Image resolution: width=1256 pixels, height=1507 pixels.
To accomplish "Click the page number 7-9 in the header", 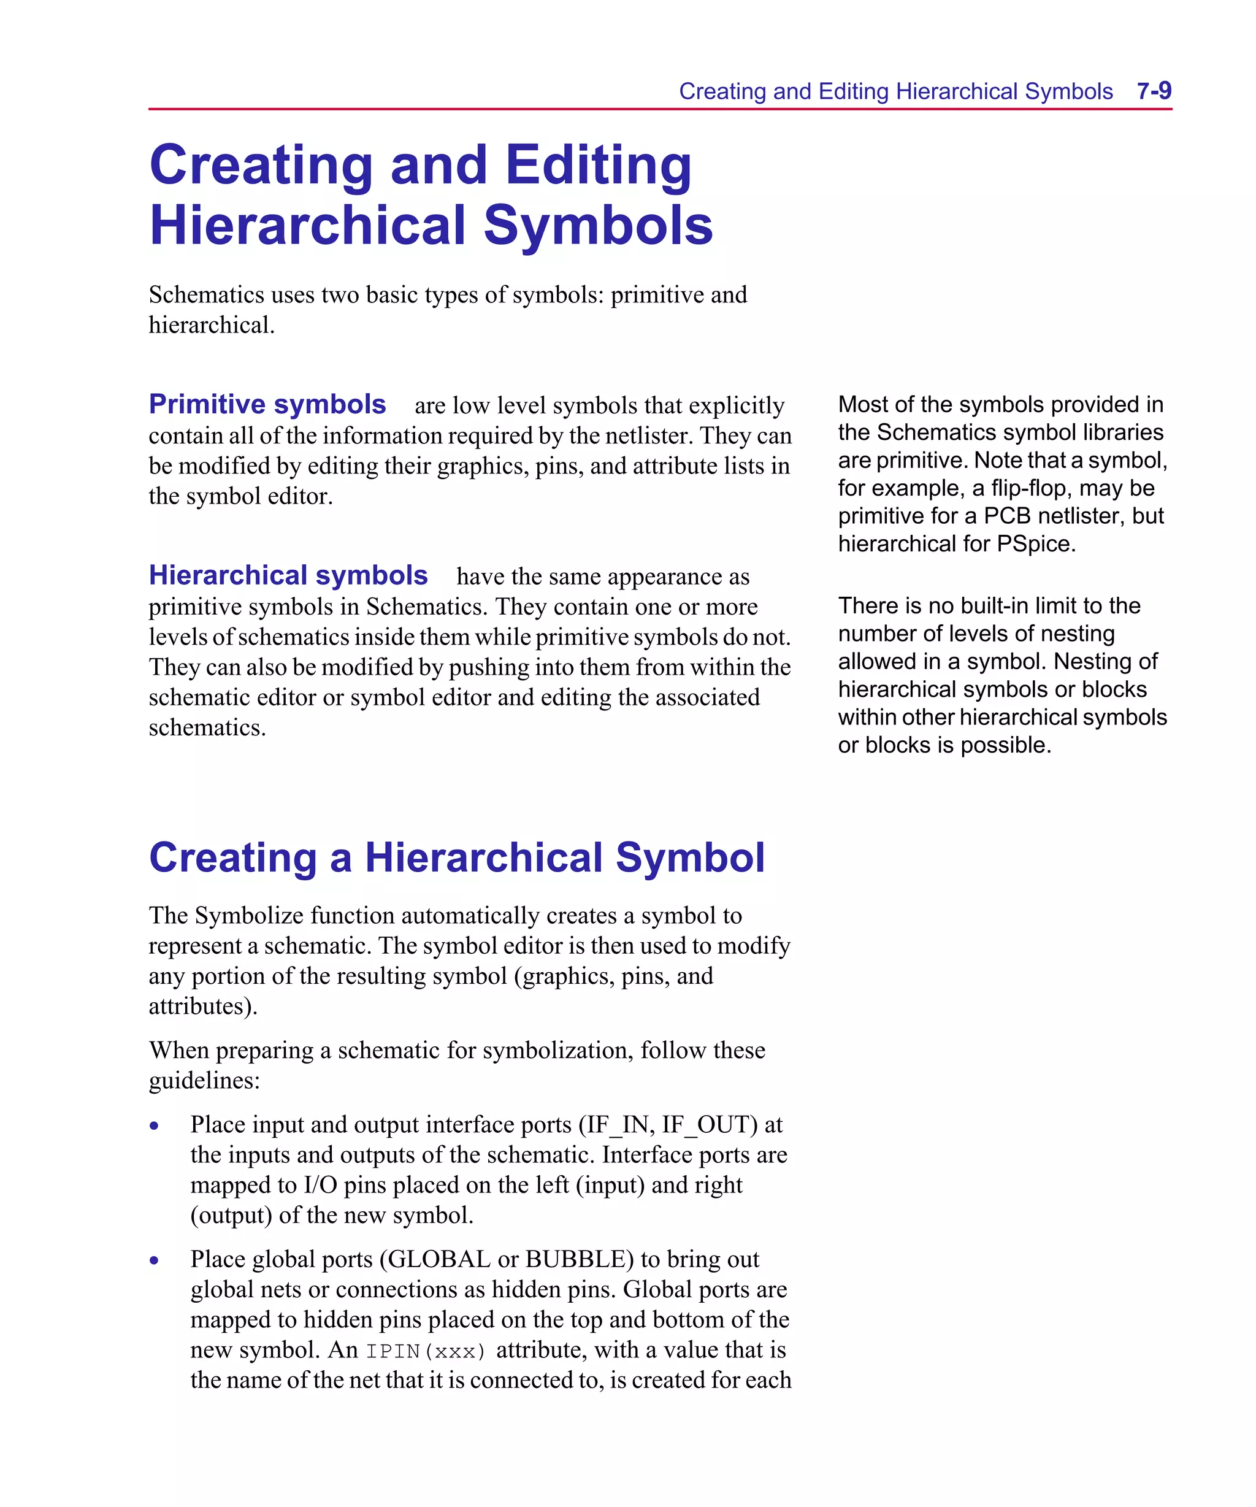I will (x=1154, y=91).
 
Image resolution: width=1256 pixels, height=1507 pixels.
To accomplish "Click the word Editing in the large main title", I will (x=598, y=165).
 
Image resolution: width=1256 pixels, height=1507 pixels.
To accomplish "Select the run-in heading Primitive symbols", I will (x=267, y=404).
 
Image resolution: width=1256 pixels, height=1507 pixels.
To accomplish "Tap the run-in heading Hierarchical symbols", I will (x=288, y=575).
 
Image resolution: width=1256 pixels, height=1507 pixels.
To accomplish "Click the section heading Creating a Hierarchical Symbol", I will (x=456, y=857).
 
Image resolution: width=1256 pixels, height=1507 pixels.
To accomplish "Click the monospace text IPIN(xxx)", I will (x=426, y=1351).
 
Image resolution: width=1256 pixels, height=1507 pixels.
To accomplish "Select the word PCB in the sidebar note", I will (x=1006, y=515).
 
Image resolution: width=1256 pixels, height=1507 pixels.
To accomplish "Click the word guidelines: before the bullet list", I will (x=204, y=1080).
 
